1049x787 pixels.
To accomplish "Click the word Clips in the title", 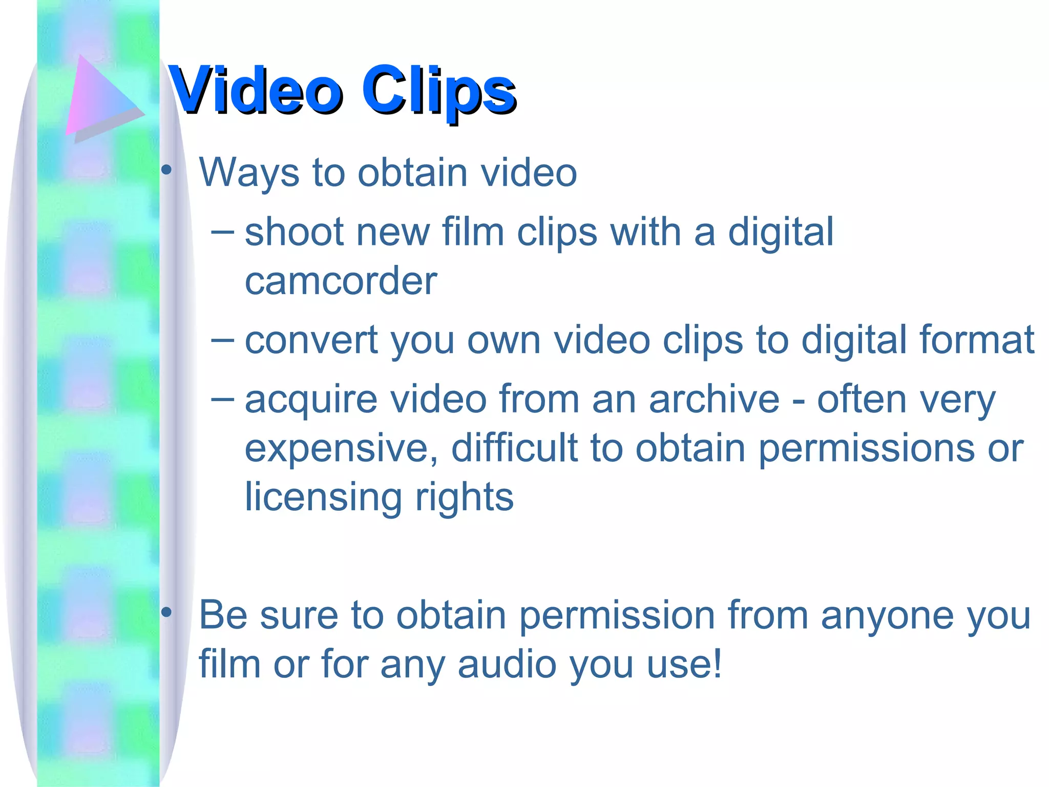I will click(x=438, y=91).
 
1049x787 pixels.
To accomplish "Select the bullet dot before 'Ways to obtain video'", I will click(x=166, y=170).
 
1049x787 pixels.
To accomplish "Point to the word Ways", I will click(x=249, y=173).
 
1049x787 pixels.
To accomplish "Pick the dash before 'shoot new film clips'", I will click(x=222, y=232).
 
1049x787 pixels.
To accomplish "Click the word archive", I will click(x=714, y=399).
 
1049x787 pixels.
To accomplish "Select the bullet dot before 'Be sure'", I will click(x=166, y=612).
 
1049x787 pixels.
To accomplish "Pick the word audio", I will click(x=507, y=664).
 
